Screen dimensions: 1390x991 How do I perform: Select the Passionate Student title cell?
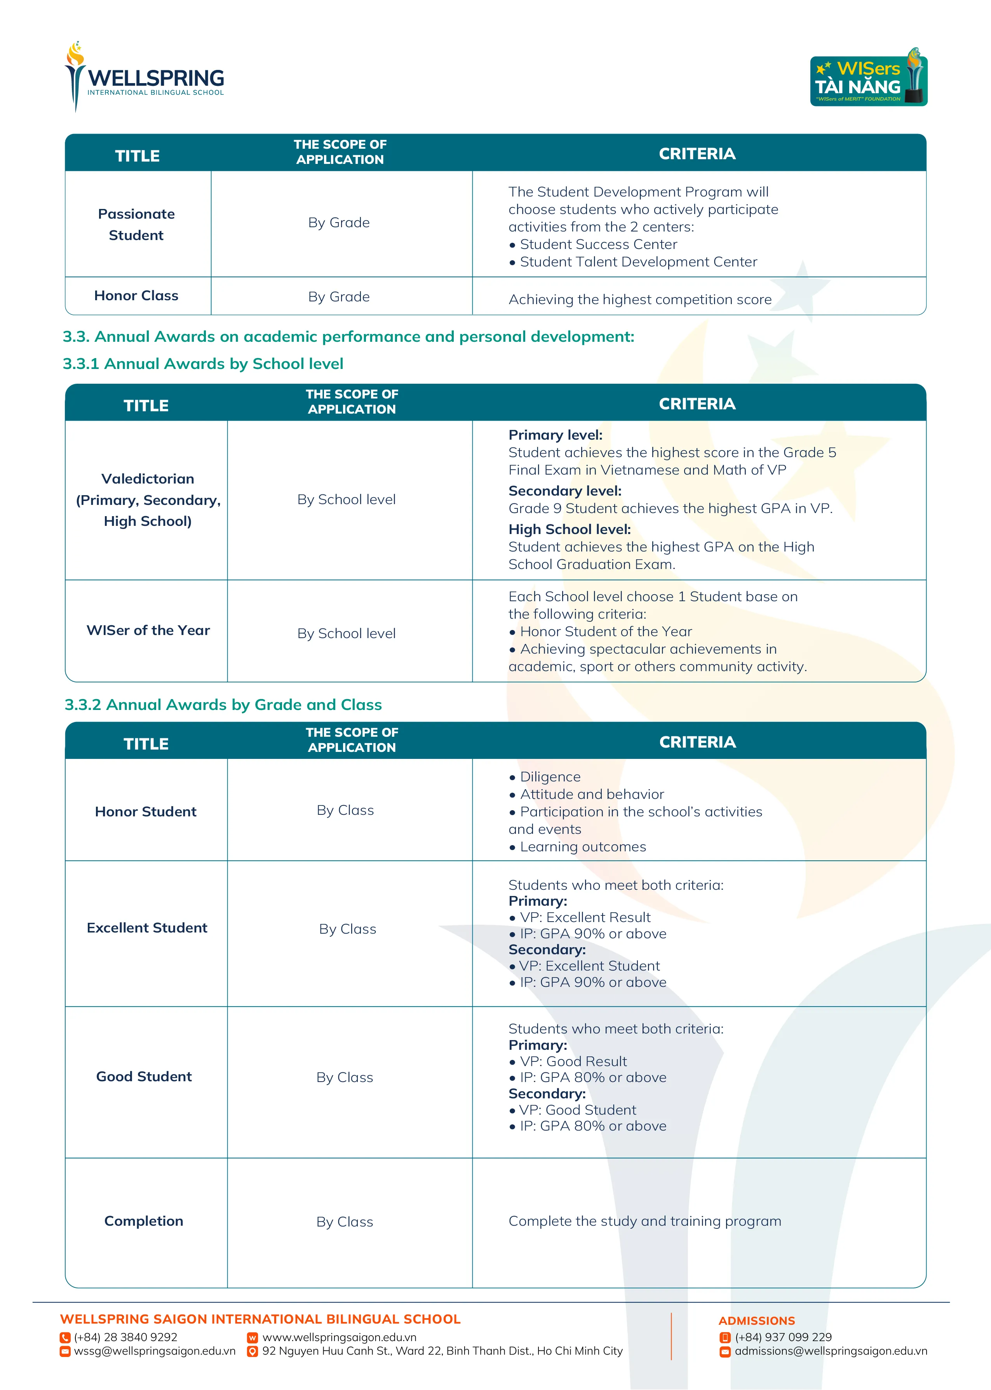pos(137,224)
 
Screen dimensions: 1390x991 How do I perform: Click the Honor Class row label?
pos(137,296)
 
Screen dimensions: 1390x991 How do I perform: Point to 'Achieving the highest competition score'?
pos(639,299)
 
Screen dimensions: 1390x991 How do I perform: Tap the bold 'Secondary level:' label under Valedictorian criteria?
pos(564,491)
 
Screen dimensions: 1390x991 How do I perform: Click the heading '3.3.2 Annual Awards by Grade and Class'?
pos(223,705)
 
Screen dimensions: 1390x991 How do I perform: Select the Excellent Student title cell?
pos(147,928)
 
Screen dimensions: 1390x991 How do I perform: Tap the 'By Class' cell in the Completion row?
pos(345,1222)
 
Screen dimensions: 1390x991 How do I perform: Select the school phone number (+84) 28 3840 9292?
pos(125,1337)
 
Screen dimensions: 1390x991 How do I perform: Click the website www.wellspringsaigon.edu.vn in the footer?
pos(339,1337)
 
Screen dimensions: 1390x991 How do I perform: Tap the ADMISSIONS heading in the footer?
pos(757,1320)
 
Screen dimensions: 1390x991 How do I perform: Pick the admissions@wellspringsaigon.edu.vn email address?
pos(831,1351)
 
